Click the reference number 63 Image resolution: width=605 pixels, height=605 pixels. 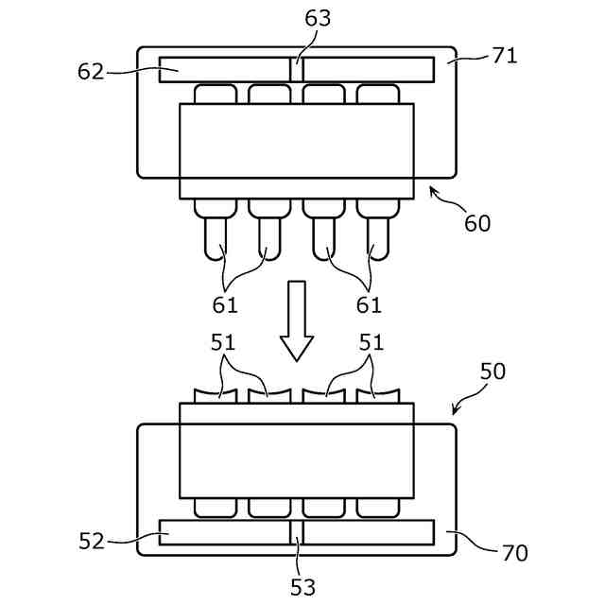tap(318, 18)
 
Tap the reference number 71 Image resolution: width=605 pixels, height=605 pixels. tap(505, 56)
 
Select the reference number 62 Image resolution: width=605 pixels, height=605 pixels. tap(91, 72)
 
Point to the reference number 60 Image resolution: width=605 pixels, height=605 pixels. tap(477, 223)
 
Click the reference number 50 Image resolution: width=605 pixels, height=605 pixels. tap(493, 372)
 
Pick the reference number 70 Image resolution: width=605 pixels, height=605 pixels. tap(514, 552)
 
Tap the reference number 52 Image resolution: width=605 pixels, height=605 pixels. tap(92, 541)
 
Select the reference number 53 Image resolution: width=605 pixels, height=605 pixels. tap(303, 587)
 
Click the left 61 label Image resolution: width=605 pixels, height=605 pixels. tap(225, 304)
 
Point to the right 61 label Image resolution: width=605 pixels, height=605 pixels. tap(369, 304)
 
